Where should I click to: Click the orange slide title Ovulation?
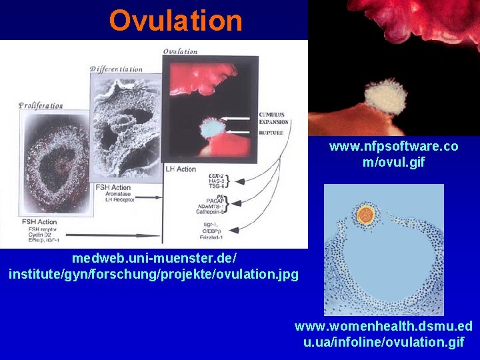coord(176,21)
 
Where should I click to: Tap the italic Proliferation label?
coord(41,105)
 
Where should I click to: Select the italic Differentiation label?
coord(117,69)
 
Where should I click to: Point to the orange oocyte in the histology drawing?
coord(365,214)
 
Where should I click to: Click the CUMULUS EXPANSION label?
coord(273,118)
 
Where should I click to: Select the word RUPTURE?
coord(271,132)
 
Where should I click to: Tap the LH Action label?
coord(181,169)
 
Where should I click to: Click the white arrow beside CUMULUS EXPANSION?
coord(239,119)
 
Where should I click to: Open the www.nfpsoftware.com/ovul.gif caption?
coord(393,154)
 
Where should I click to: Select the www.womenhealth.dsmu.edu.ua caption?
coord(383,334)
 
